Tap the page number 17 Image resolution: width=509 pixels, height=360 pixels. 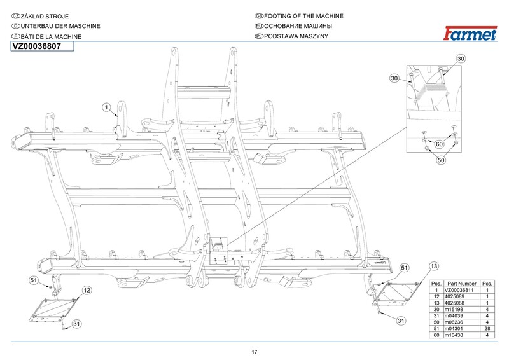tap(254, 352)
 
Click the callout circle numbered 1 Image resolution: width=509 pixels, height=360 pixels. tap(108, 107)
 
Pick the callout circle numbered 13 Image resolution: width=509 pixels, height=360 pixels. tap(434, 265)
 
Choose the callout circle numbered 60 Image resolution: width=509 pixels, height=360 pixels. tap(438, 145)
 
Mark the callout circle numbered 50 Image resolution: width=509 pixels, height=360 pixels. tap(440, 160)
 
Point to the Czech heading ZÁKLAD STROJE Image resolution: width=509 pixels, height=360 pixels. tap(45, 15)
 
